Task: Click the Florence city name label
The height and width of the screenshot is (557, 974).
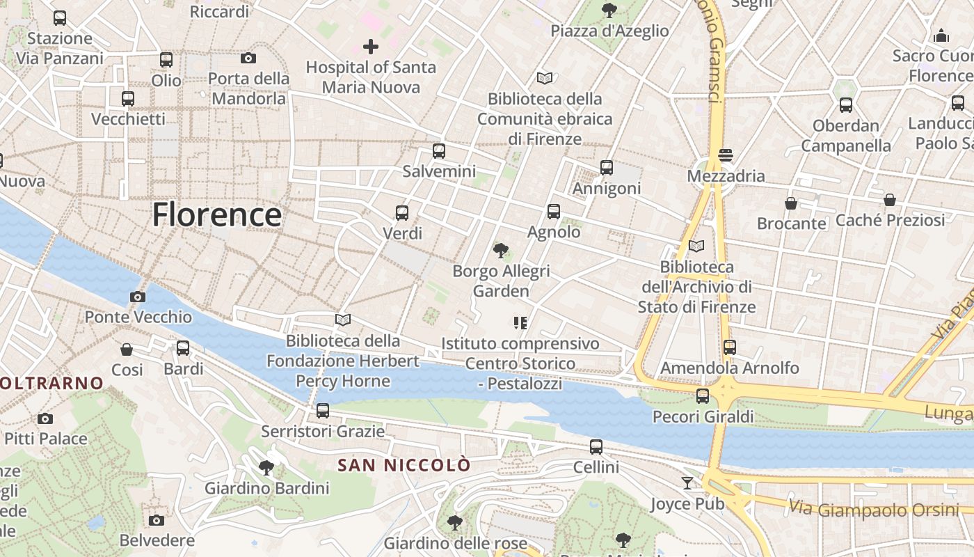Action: pos(217,214)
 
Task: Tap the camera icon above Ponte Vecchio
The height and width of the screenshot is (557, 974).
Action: pos(138,297)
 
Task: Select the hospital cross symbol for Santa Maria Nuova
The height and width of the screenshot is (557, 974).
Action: pos(371,47)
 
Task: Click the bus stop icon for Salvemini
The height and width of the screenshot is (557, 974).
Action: pos(438,151)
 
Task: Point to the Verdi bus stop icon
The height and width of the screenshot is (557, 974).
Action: pos(402,213)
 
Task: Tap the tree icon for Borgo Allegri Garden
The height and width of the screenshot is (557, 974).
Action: pos(500,251)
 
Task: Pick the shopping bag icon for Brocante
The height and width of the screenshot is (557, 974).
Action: pos(791,203)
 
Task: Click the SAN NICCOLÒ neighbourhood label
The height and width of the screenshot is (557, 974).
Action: pos(404,465)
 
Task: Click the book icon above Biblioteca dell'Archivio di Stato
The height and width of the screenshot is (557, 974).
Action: pos(696,246)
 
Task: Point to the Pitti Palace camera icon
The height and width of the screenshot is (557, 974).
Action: pos(45,418)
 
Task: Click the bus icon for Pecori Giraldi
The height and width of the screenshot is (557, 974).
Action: pos(703,396)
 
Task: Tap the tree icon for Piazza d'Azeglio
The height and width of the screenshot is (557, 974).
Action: pos(609,10)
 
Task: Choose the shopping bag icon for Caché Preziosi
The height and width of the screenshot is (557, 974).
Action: pos(890,201)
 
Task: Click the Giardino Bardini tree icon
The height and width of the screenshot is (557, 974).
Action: pos(266,467)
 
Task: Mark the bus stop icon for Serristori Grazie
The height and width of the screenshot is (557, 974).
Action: pos(323,411)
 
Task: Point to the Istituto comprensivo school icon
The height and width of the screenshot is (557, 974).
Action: pos(520,322)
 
